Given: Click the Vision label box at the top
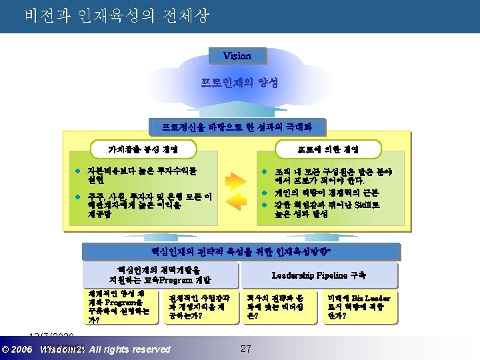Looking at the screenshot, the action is (x=237, y=56).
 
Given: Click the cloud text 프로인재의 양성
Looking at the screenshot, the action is (x=239, y=84).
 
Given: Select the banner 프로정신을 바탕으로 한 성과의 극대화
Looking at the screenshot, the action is (x=239, y=126).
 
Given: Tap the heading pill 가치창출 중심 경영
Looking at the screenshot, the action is (x=143, y=147).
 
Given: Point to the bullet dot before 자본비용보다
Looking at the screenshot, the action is (x=78, y=171).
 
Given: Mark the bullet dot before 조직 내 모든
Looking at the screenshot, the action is (x=265, y=171).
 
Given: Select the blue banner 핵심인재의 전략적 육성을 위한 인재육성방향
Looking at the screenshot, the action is (x=239, y=251).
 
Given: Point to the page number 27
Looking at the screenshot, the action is (x=245, y=349).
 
